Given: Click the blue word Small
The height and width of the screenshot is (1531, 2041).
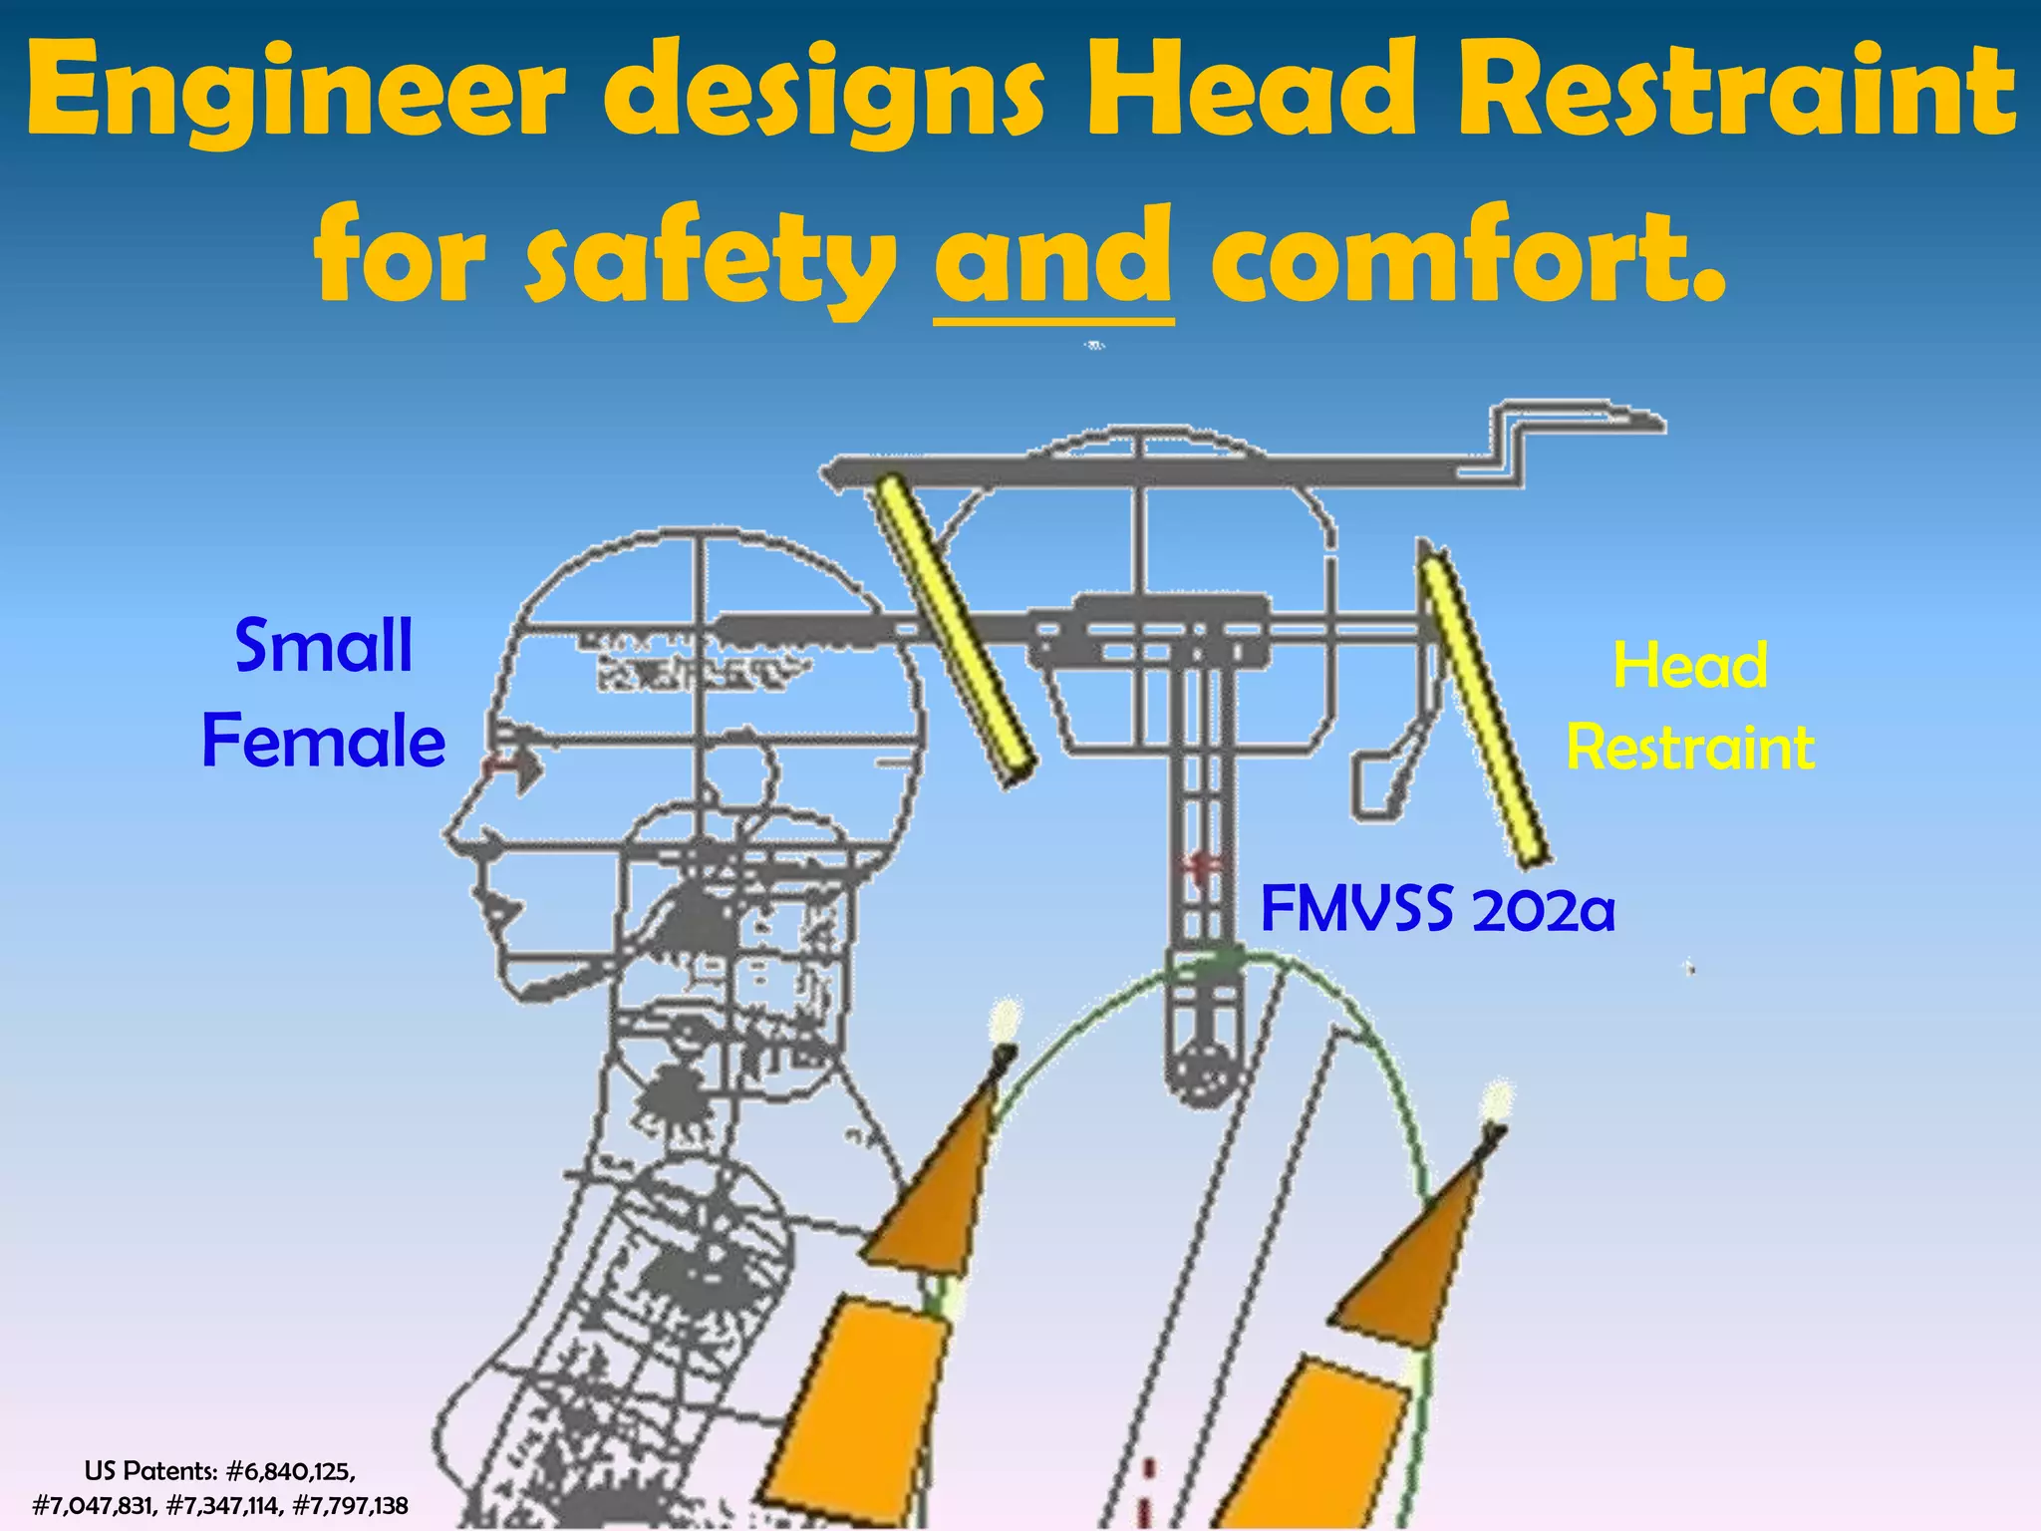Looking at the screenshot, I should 323,646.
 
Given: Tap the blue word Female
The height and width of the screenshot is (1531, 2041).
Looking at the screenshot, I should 323,742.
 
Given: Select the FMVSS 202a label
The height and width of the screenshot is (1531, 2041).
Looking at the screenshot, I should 1437,909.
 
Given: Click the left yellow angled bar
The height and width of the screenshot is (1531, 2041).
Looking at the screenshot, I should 954,630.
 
